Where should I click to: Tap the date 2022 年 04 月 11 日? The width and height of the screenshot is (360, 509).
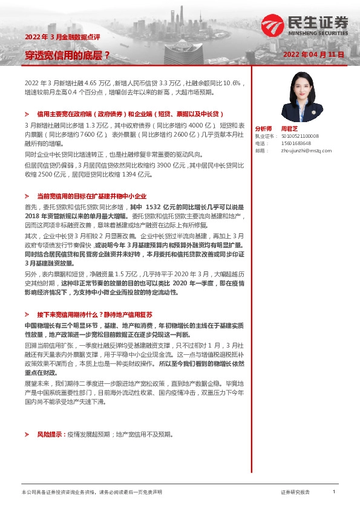[x=313, y=54]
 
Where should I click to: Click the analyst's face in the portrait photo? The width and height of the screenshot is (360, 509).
[x=301, y=84]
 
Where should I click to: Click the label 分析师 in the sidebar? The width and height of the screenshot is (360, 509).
[x=264, y=129]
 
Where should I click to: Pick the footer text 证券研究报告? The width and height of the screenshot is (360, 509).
[x=295, y=493]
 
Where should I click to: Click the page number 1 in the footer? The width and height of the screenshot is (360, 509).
[x=334, y=493]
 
